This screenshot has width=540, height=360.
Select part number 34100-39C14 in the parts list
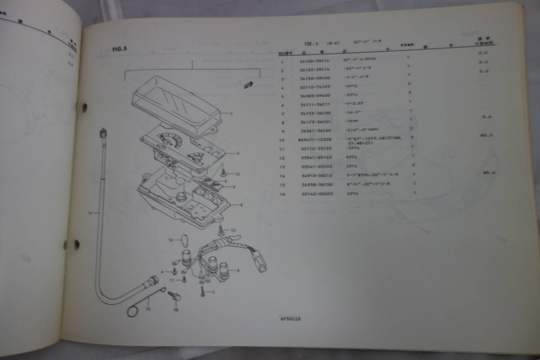pyautogui.click(x=315, y=63)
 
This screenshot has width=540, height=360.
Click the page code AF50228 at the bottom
pyautogui.click(x=290, y=319)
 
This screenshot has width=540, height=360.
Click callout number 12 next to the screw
pyautogui.click(x=238, y=174)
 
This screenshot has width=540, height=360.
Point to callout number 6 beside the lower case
pyautogui.click(x=241, y=205)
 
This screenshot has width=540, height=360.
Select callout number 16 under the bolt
pyautogui.click(x=175, y=310)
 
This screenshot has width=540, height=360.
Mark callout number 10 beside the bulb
pyautogui.click(x=171, y=240)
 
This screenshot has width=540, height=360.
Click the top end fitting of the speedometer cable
pyautogui.click(x=103, y=132)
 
